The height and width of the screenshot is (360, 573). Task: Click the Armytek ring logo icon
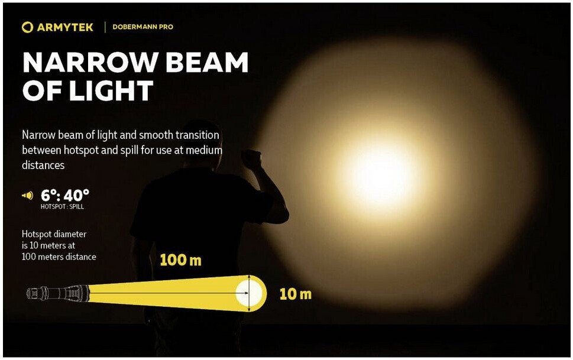[x=27, y=27]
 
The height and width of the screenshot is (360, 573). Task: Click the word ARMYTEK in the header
[x=65, y=27]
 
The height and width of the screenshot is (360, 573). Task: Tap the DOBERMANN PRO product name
[x=143, y=27]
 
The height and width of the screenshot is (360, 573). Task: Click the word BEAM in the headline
[x=207, y=63]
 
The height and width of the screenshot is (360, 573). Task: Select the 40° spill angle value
[x=77, y=196]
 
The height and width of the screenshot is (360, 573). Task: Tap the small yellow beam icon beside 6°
[x=27, y=196]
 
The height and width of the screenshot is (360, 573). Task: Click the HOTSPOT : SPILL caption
[x=62, y=206]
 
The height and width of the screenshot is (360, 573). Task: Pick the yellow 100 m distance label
[x=180, y=260]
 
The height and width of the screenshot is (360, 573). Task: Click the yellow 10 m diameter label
[x=295, y=294]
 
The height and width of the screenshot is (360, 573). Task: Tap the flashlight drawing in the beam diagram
[x=58, y=293]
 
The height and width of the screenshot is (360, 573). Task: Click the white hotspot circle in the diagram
[x=249, y=293]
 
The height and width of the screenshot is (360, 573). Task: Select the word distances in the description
[x=43, y=165]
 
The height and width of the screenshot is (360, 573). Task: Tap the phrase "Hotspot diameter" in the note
[x=54, y=234]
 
